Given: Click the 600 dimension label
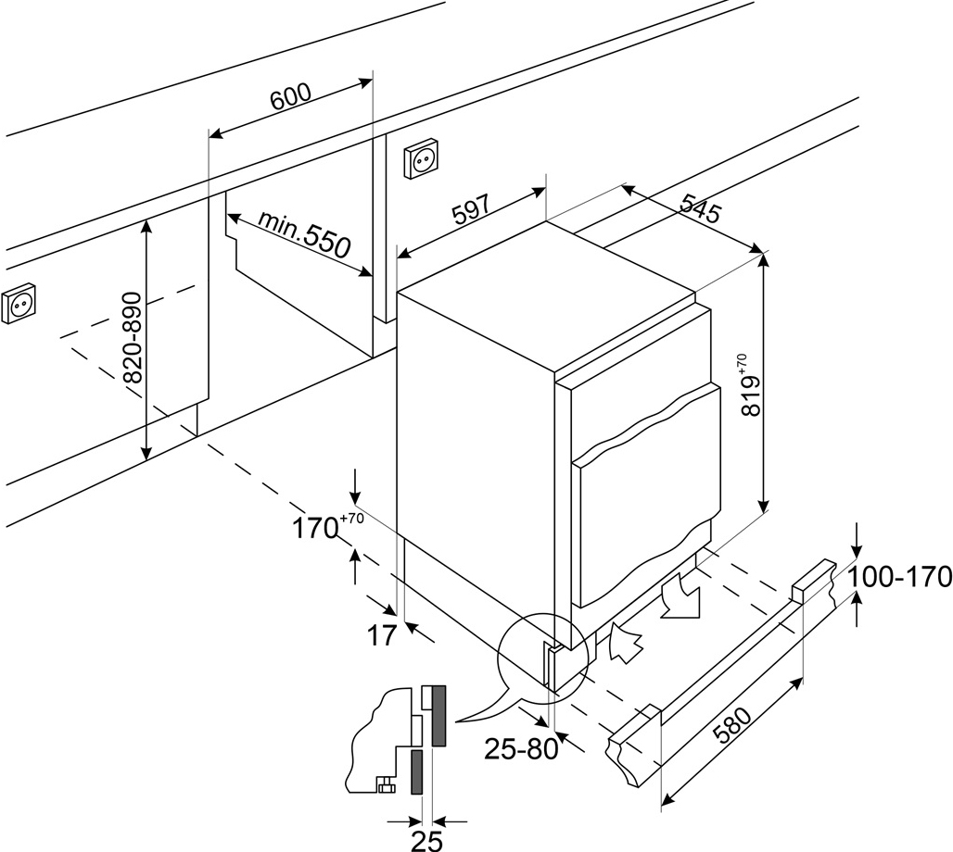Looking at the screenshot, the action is tap(290, 97).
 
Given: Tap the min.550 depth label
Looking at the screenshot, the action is tap(304, 233).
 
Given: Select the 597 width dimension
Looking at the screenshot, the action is tap(470, 210).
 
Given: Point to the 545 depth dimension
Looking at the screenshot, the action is tap(700, 207).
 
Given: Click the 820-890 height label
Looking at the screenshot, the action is tap(133, 338).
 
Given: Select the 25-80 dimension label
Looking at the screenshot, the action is tap(522, 749).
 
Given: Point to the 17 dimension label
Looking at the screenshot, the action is tap(382, 635).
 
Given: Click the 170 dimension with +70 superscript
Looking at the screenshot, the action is tap(328, 527).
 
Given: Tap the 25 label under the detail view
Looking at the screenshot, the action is tap(426, 841).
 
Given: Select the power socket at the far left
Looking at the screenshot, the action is tap(19, 304).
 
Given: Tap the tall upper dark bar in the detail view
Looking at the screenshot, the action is tap(438, 716).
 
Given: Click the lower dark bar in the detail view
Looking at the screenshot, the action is tap(417, 771).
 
